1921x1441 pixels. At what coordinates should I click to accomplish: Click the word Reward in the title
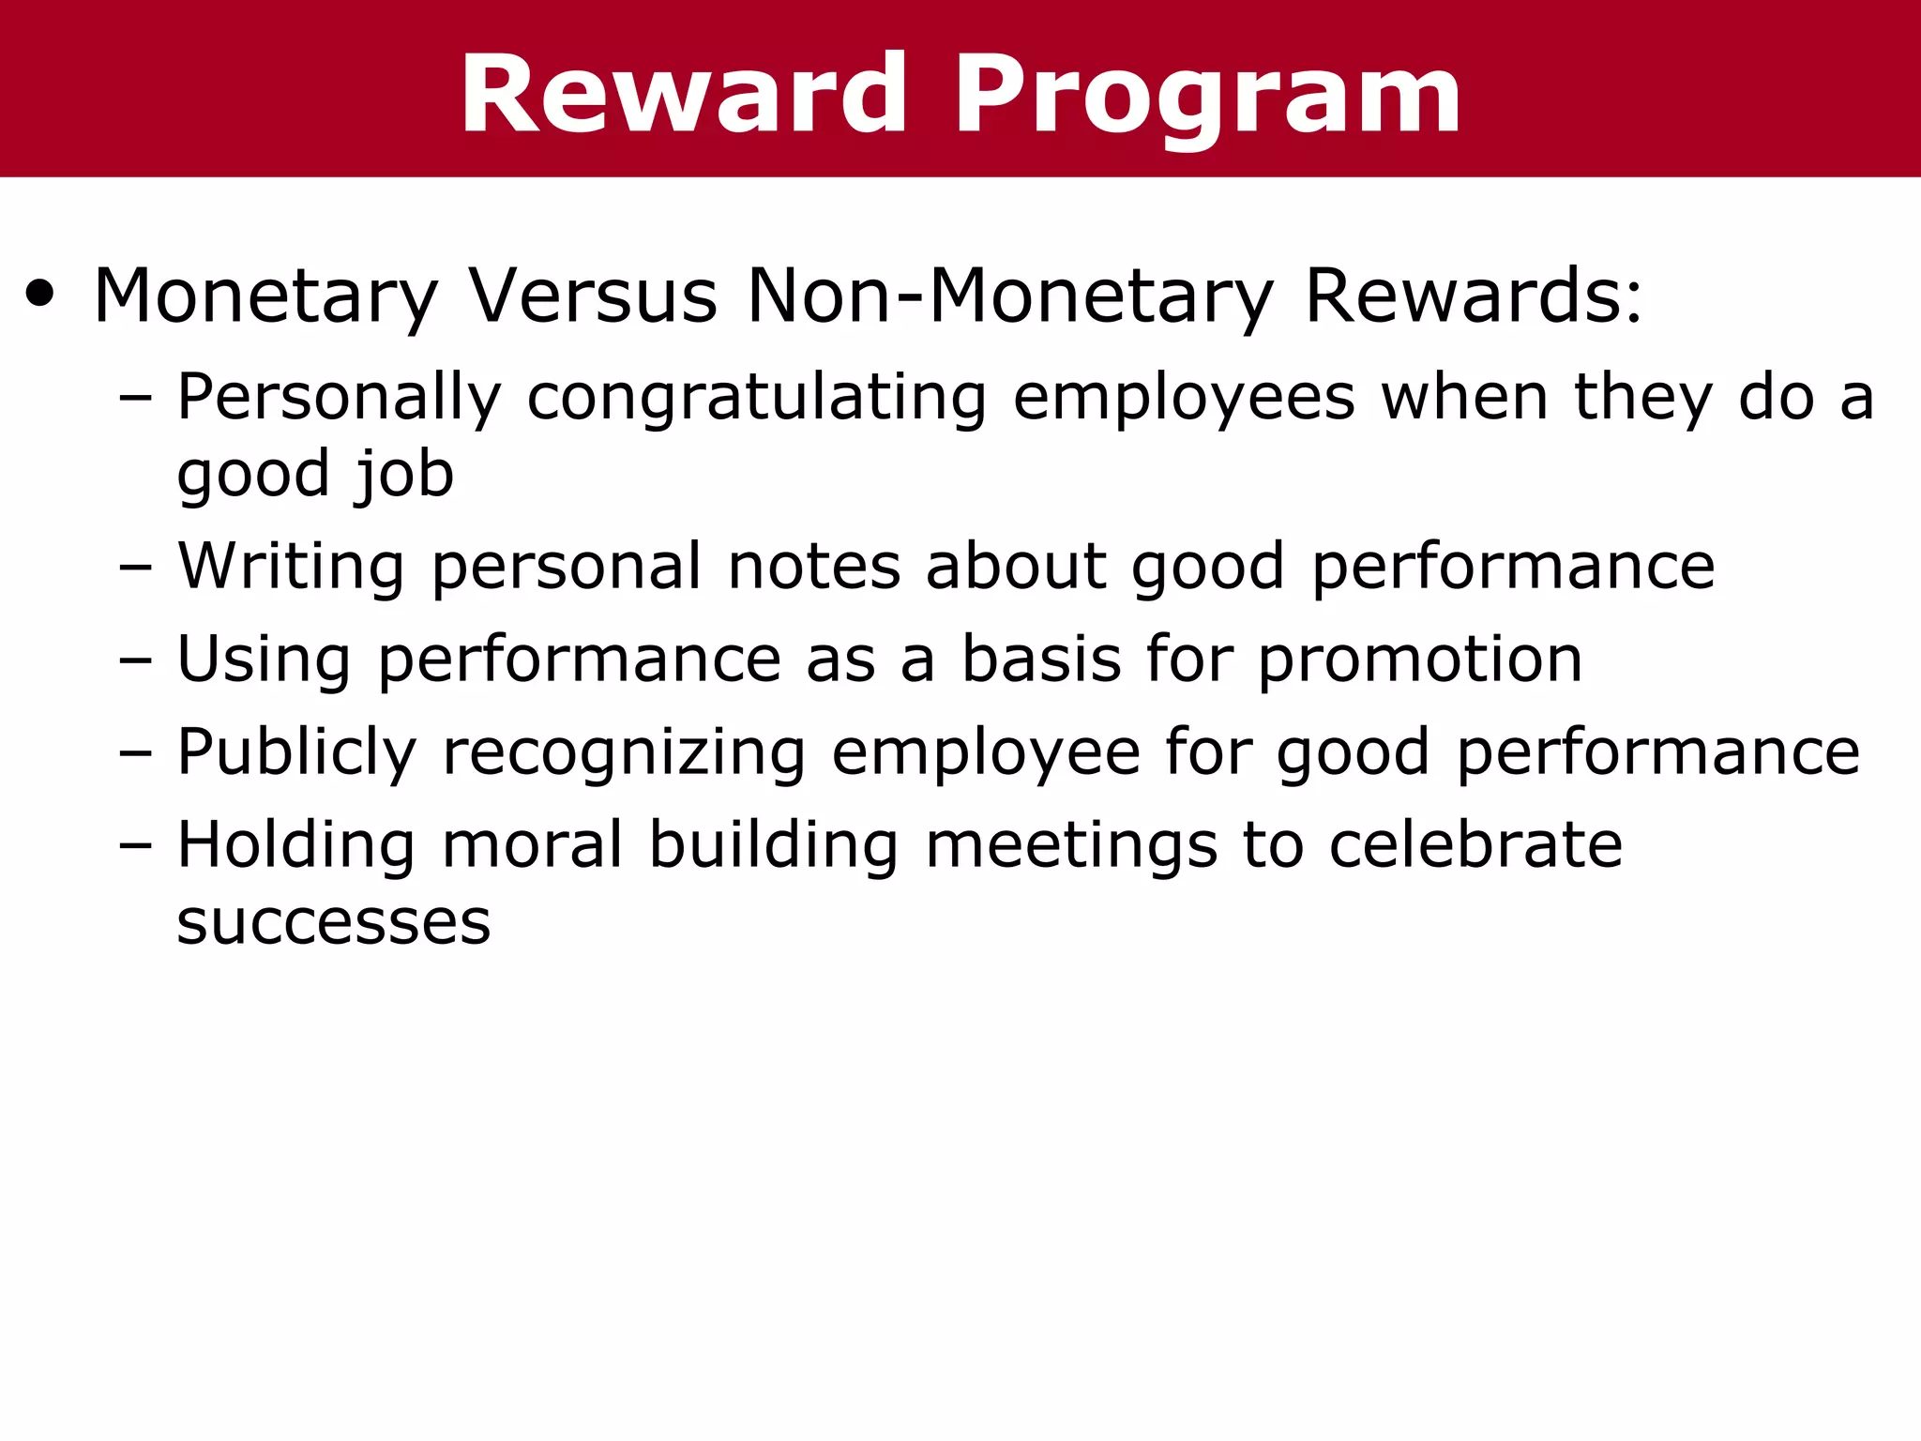pos(684,95)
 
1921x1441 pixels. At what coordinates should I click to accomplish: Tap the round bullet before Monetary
pos(40,294)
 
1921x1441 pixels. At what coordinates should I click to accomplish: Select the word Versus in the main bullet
pos(593,296)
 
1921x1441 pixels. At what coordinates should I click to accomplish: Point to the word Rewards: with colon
pos(1474,296)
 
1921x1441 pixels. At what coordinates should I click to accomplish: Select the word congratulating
pos(756,398)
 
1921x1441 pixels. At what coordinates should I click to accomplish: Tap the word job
pos(403,474)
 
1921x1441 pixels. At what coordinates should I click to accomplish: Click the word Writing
pos(291,567)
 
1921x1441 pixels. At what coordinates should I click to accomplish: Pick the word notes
pos(814,567)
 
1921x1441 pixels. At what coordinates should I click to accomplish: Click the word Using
pos(264,660)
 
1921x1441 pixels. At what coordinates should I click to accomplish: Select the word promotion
pos(1420,660)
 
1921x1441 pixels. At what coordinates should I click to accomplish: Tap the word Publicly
pos(296,753)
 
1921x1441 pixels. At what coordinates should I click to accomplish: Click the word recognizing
pos(624,753)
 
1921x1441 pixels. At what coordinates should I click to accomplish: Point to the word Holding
pos(295,844)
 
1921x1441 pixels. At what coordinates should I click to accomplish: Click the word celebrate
pos(1475,844)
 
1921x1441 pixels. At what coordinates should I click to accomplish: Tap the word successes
pos(334,922)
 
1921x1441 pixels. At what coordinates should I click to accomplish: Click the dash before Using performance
pos(135,660)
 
